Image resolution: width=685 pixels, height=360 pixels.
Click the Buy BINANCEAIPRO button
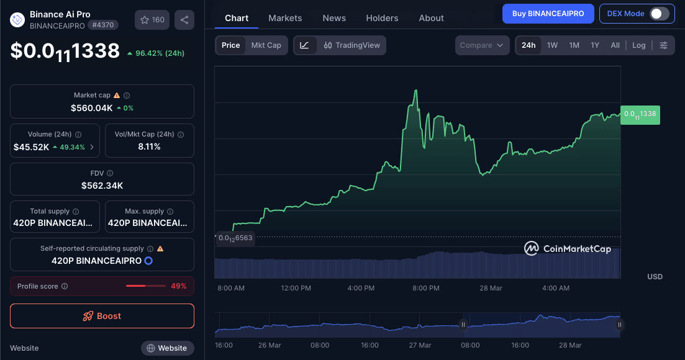tap(547, 14)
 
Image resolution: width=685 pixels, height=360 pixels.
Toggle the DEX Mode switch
tap(659, 14)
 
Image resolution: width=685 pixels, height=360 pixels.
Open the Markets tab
tap(285, 18)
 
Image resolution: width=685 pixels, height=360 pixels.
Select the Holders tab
tap(382, 18)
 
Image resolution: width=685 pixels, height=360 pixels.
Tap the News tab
tap(334, 18)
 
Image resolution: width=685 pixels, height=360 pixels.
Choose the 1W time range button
tap(552, 45)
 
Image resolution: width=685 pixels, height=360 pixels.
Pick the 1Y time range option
tap(595, 45)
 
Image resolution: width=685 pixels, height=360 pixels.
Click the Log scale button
tap(639, 45)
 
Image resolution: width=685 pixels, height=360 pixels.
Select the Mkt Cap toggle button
tap(266, 45)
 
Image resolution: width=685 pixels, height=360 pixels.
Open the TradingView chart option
tap(352, 45)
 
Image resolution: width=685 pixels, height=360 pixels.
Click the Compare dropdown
tap(482, 45)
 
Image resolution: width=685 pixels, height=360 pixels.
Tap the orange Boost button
tap(102, 316)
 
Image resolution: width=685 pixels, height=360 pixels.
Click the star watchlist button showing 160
tap(152, 20)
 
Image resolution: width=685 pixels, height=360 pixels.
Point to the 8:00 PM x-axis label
tap(426, 288)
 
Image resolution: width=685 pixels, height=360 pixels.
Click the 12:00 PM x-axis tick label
tap(296, 288)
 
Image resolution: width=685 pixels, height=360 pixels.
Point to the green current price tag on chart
tap(640, 114)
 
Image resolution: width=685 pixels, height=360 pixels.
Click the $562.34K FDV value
tap(102, 185)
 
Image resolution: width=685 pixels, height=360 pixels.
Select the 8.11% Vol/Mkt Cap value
tap(149, 147)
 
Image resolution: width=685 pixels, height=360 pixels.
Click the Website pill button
tap(167, 348)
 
